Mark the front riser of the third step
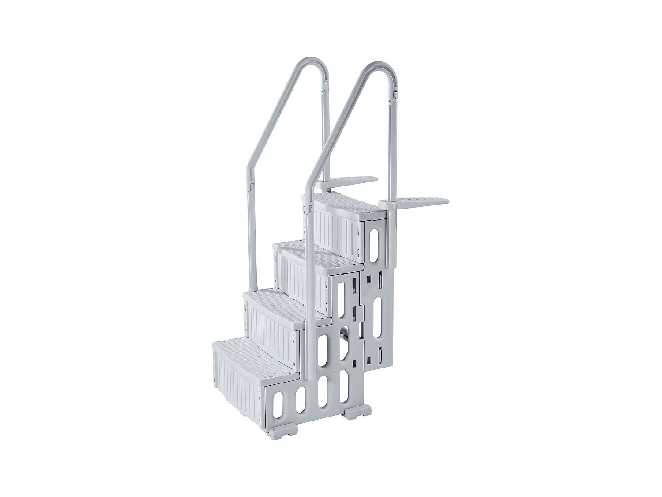point(305,281)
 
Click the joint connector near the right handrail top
point(395,94)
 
